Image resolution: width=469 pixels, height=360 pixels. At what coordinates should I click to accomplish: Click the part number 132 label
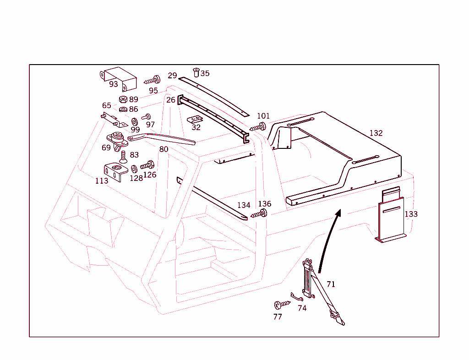(x=376, y=133)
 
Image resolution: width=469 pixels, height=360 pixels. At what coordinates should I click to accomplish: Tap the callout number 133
(x=411, y=214)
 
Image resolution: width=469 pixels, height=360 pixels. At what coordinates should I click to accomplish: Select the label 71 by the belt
(x=331, y=284)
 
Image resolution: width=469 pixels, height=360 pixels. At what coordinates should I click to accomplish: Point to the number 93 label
(x=114, y=84)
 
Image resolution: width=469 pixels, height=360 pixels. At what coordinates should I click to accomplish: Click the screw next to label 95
(x=153, y=81)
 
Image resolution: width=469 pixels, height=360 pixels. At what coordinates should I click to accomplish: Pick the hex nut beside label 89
(x=123, y=99)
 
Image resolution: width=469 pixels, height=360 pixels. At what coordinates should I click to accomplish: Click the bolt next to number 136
(x=259, y=213)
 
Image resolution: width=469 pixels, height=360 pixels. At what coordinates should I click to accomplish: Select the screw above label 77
(x=281, y=304)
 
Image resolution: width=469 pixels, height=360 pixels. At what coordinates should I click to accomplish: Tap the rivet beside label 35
(x=196, y=72)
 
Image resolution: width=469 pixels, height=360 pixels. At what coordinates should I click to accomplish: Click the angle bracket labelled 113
(x=116, y=172)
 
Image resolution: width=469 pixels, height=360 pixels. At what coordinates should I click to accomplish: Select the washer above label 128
(x=134, y=169)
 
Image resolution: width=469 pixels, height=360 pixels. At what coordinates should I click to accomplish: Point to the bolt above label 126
(x=148, y=164)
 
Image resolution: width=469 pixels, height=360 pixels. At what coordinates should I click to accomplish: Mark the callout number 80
(x=164, y=149)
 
